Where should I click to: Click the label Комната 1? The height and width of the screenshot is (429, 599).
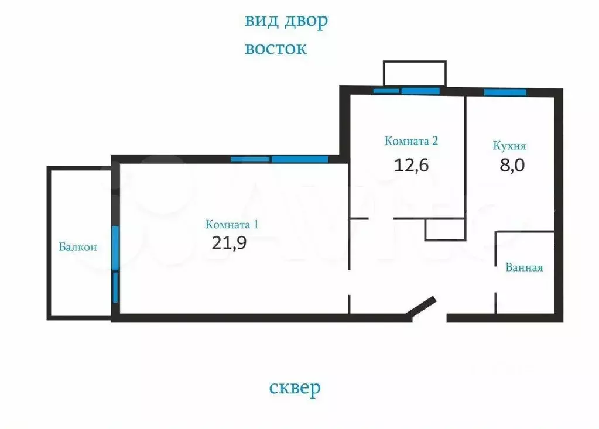click(232, 224)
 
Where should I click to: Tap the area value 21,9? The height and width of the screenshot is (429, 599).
click(229, 243)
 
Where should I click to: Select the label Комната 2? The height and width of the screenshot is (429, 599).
click(412, 140)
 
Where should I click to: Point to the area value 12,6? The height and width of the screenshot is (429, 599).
click(412, 164)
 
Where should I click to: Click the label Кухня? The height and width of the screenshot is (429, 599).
click(509, 146)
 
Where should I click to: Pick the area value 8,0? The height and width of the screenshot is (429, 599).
click(511, 165)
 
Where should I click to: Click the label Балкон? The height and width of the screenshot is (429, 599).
click(78, 247)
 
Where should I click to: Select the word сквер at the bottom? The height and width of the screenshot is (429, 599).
click(295, 387)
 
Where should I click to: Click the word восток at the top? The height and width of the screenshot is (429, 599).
click(275, 48)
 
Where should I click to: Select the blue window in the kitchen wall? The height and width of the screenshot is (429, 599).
click(505, 92)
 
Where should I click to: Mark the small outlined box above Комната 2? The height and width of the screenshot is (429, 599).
click(415, 73)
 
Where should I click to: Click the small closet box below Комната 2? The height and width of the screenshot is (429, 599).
click(445, 229)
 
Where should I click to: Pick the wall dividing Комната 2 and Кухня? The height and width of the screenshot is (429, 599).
click(465, 155)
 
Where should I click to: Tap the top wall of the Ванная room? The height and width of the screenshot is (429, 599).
click(525, 232)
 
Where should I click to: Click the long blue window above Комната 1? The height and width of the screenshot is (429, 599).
click(299, 159)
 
